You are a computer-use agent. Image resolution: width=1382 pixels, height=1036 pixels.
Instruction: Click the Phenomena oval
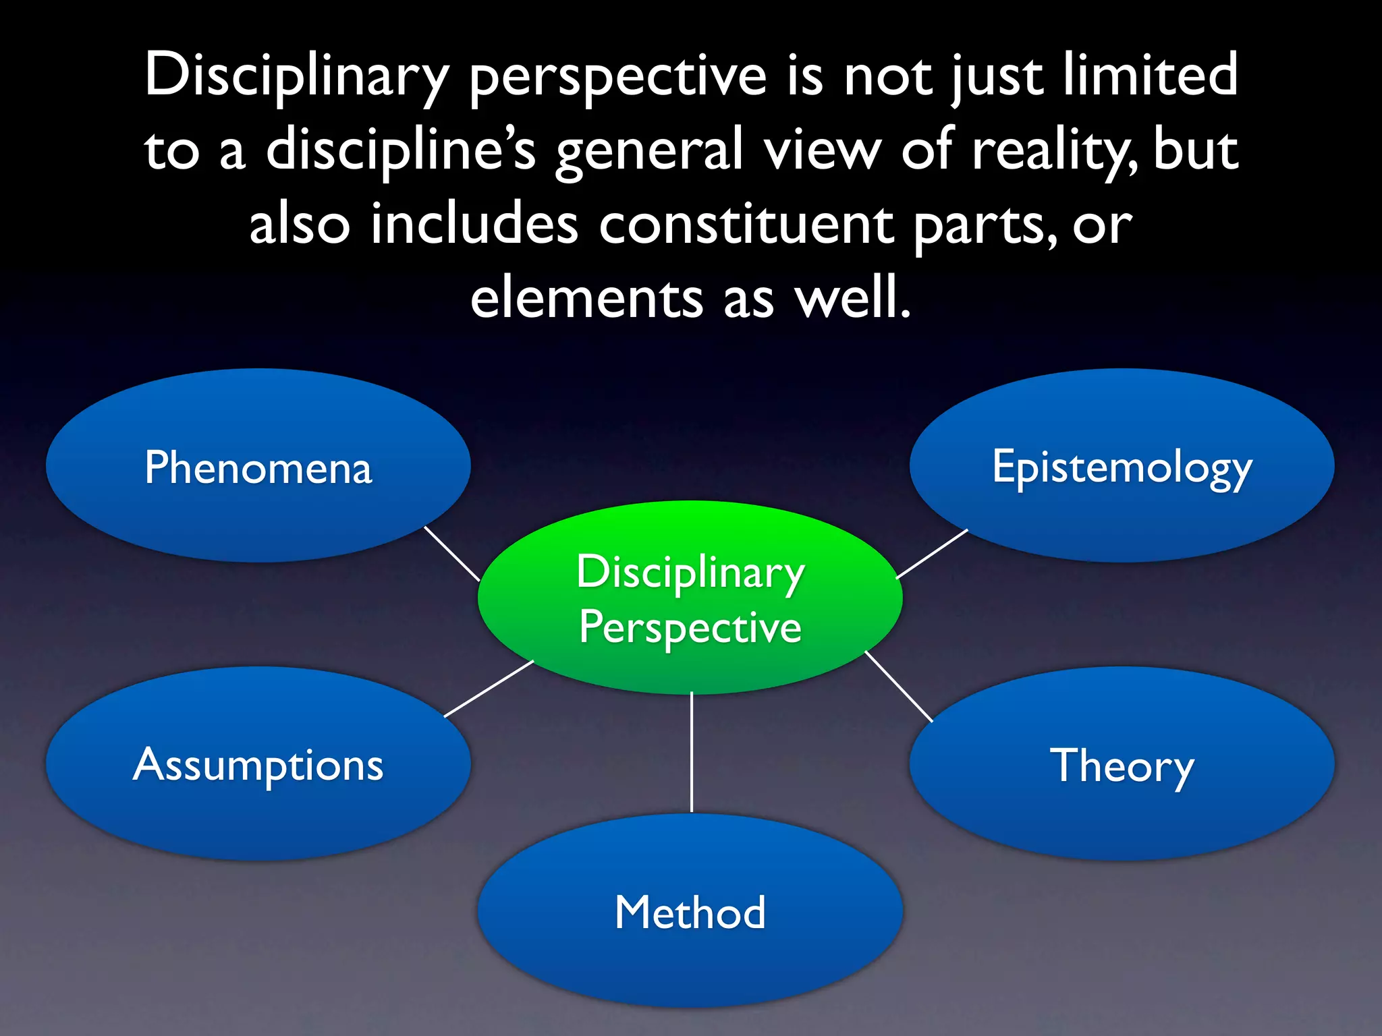(258, 465)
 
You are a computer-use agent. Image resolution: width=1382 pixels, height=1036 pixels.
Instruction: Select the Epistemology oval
(1122, 465)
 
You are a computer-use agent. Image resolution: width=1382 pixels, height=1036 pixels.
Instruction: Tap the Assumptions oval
(258, 764)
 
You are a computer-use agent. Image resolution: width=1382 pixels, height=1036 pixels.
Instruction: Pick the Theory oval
(1122, 764)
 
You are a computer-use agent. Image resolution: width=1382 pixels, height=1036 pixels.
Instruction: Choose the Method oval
(690, 911)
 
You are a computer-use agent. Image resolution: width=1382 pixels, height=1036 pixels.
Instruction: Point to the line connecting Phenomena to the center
(451, 554)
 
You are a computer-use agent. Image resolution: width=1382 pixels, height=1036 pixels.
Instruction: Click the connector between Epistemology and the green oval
(932, 554)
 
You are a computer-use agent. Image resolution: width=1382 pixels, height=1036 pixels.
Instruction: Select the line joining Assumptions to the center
(489, 689)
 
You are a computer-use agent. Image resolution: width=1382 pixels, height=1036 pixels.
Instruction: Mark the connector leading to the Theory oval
(899, 686)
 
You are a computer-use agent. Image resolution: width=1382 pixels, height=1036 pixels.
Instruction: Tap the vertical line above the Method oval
(692, 752)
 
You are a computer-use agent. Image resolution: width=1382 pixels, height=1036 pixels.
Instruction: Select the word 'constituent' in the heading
(746, 225)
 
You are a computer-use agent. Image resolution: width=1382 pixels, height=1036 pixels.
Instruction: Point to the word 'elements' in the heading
(586, 298)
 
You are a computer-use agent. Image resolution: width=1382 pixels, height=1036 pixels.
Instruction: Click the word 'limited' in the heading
(1151, 76)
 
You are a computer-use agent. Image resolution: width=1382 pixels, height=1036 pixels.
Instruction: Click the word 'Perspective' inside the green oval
(690, 627)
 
